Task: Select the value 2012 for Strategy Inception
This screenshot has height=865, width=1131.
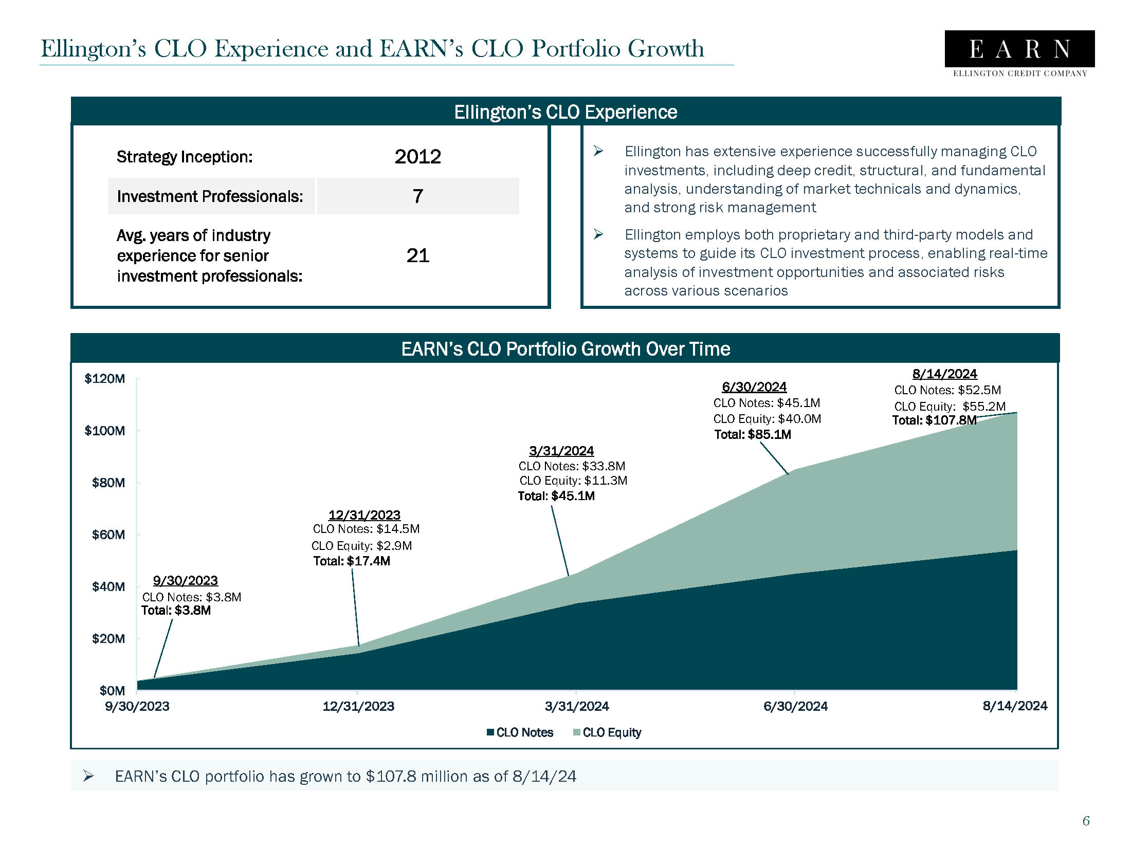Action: tap(417, 157)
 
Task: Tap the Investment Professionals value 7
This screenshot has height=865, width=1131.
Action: tap(417, 196)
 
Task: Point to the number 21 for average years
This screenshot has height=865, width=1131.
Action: tap(417, 255)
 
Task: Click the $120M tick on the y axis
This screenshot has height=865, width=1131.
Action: tap(104, 379)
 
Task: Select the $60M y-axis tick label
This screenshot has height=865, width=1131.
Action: tap(108, 535)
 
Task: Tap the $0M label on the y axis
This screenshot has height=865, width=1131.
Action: tap(112, 690)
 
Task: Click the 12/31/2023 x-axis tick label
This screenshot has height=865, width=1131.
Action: tap(358, 706)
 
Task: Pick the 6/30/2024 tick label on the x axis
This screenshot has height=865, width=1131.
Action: tap(795, 706)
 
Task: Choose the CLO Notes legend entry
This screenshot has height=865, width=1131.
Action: tap(520, 732)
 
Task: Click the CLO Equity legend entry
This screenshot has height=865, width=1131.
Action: tap(607, 732)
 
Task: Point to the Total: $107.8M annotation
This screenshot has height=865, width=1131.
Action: tap(934, 420)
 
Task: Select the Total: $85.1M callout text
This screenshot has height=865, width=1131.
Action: tap(752, 435)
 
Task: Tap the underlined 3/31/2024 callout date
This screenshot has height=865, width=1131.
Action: tap(561, 451)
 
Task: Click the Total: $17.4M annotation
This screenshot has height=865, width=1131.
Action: tap(351, 561)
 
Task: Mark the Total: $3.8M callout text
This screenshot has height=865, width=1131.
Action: tap(176, 610)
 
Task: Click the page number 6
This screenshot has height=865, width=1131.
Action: tap(1086, 821)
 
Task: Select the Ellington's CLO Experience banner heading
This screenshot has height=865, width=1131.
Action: tap(565, 112)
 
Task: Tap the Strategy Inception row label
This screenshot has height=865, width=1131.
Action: tap(185, 157)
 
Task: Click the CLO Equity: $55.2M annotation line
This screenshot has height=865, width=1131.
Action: tap(949, 406)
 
